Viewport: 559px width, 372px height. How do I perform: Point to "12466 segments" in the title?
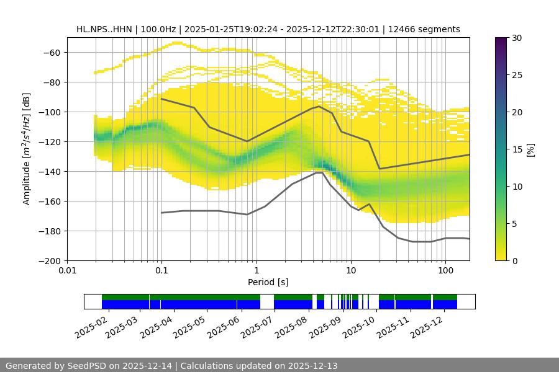tap(429, 29)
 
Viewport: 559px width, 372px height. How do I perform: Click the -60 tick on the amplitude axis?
tap(52, 52)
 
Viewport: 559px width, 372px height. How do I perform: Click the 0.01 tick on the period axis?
tap(67, 271)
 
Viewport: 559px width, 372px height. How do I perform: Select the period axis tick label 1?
tap(256, 271)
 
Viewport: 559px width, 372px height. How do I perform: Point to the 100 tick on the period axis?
tap(445, 271)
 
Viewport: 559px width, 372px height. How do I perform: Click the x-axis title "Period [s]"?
tap(268, 282)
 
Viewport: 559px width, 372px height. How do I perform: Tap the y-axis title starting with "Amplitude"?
tap(26, 149)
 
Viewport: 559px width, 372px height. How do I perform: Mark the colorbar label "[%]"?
tap(530, 149)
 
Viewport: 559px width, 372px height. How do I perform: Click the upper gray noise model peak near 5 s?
tap(319, 106)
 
